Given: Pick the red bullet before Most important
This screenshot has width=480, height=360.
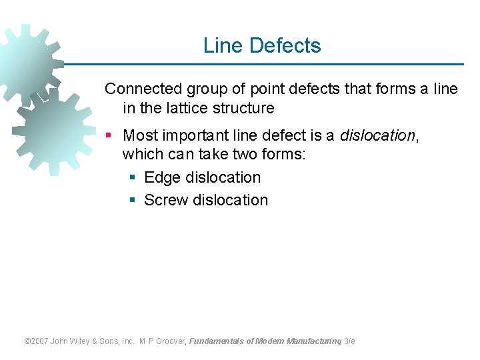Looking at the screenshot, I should [x=109, y=136].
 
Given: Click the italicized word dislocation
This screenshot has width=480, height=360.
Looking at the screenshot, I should [x=377, y=135].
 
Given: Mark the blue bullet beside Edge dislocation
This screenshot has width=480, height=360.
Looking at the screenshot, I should [x=132, y=178].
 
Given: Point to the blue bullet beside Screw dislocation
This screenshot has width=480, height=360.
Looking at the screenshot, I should [x=132, y=201].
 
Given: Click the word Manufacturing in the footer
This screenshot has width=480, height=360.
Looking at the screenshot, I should [x=314, y=341].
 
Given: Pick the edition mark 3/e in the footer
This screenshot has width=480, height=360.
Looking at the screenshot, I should [x=350, y=341].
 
